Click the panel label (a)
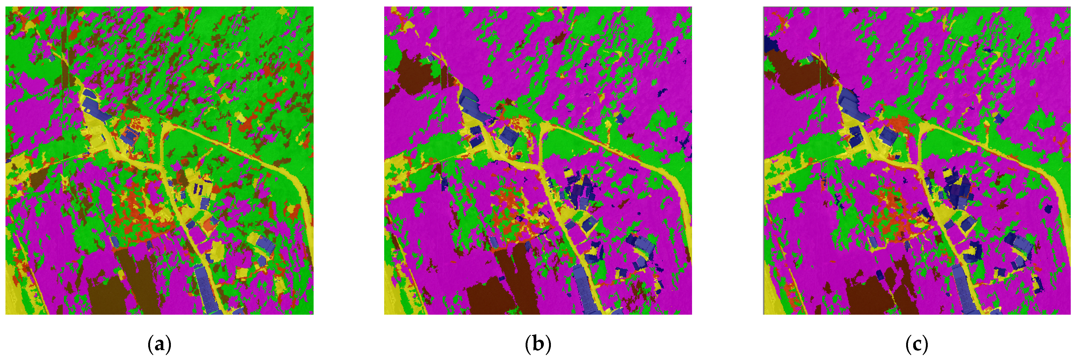tap(159, 345)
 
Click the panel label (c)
tap(917, 345)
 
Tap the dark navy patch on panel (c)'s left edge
tap(768, 44)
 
